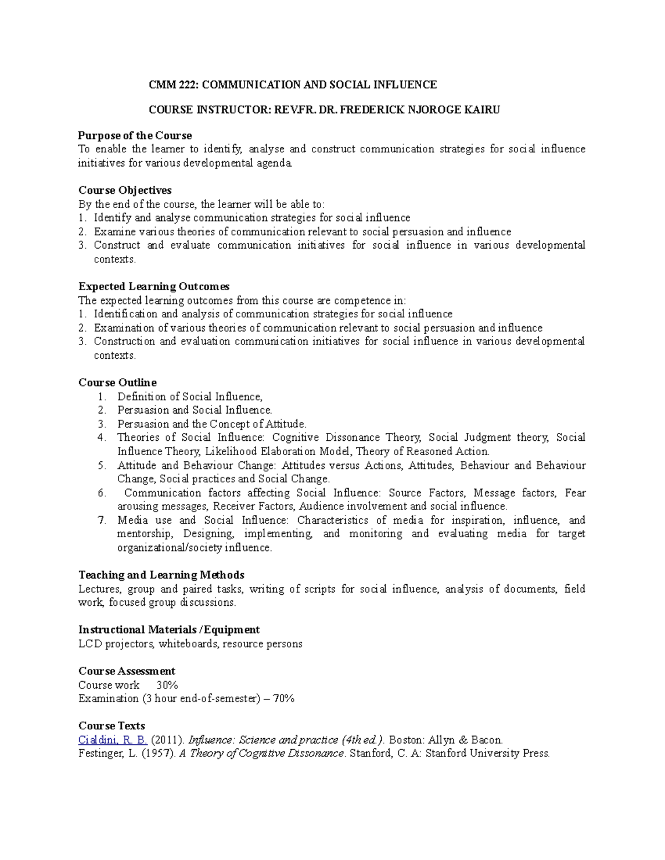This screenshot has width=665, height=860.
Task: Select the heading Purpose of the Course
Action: tap(135, 136)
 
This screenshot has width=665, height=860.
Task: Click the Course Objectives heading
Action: tap(125, 190)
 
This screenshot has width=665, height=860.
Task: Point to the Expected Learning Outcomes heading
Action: tap(154, 286)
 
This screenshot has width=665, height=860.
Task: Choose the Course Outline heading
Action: tap(117, 383)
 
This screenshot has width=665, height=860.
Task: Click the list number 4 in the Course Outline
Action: tap(101, 437)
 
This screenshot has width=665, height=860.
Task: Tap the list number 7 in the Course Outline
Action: tap(101, 520)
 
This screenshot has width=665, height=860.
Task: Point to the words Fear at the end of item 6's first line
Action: tap(575, 493)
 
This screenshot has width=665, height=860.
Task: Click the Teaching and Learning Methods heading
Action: tap(161, 575)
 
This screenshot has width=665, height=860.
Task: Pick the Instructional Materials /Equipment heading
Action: tap(169, 630)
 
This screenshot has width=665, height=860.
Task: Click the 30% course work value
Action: tap(167, 685)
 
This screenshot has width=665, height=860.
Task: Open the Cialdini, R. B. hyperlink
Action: tap(113, 740)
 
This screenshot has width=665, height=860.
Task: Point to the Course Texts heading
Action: tap(111, 726)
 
